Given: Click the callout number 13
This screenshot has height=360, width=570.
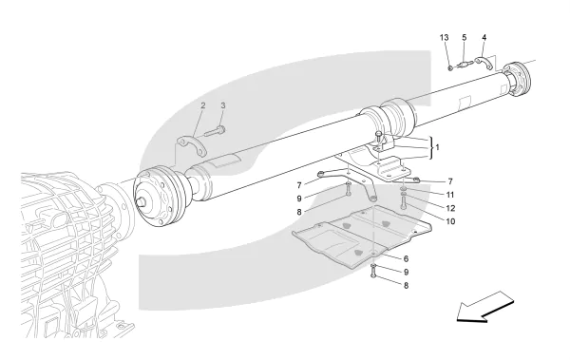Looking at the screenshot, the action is pos(444,37).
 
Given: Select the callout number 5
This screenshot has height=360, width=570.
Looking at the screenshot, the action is pos(465,37).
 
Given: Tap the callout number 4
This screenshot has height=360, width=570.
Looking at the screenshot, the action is pos(484,37).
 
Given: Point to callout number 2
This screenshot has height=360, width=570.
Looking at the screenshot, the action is pos(203,105).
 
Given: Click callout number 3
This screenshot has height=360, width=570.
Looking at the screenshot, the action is pos(223,105).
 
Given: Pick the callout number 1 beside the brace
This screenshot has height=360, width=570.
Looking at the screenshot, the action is pos(437,147).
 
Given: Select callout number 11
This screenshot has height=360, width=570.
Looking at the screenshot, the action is pos(450,196).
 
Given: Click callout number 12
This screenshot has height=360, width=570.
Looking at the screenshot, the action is pos(450,208).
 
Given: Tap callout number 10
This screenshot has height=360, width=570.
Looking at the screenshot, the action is pos(450,221).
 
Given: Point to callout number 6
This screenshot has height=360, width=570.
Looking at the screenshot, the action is pos(406,259).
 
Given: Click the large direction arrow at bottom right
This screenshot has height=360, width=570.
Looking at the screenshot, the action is pos(484,307).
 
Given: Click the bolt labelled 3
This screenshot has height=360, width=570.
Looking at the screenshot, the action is pos(215,131).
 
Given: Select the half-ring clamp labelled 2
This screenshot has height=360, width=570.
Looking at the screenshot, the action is pos(191,145).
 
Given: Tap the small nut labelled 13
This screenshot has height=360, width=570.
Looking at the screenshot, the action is pos(450,68).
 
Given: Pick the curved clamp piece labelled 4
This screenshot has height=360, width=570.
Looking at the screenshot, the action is pos(484,63).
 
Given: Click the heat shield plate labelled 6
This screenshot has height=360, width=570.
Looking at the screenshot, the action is pos(362,237).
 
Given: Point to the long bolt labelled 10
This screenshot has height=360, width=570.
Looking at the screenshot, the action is pos(404,202).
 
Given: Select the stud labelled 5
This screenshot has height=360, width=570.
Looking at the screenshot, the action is pos(465,65).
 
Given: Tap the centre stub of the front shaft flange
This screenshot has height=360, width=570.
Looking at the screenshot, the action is pos(142,201).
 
